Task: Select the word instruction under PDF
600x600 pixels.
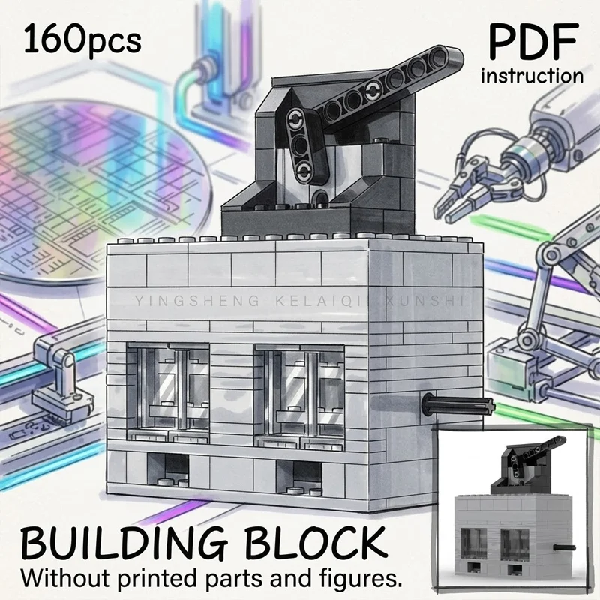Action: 532,76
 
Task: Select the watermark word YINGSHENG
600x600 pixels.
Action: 197,301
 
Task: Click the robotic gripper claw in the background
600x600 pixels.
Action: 478,184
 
